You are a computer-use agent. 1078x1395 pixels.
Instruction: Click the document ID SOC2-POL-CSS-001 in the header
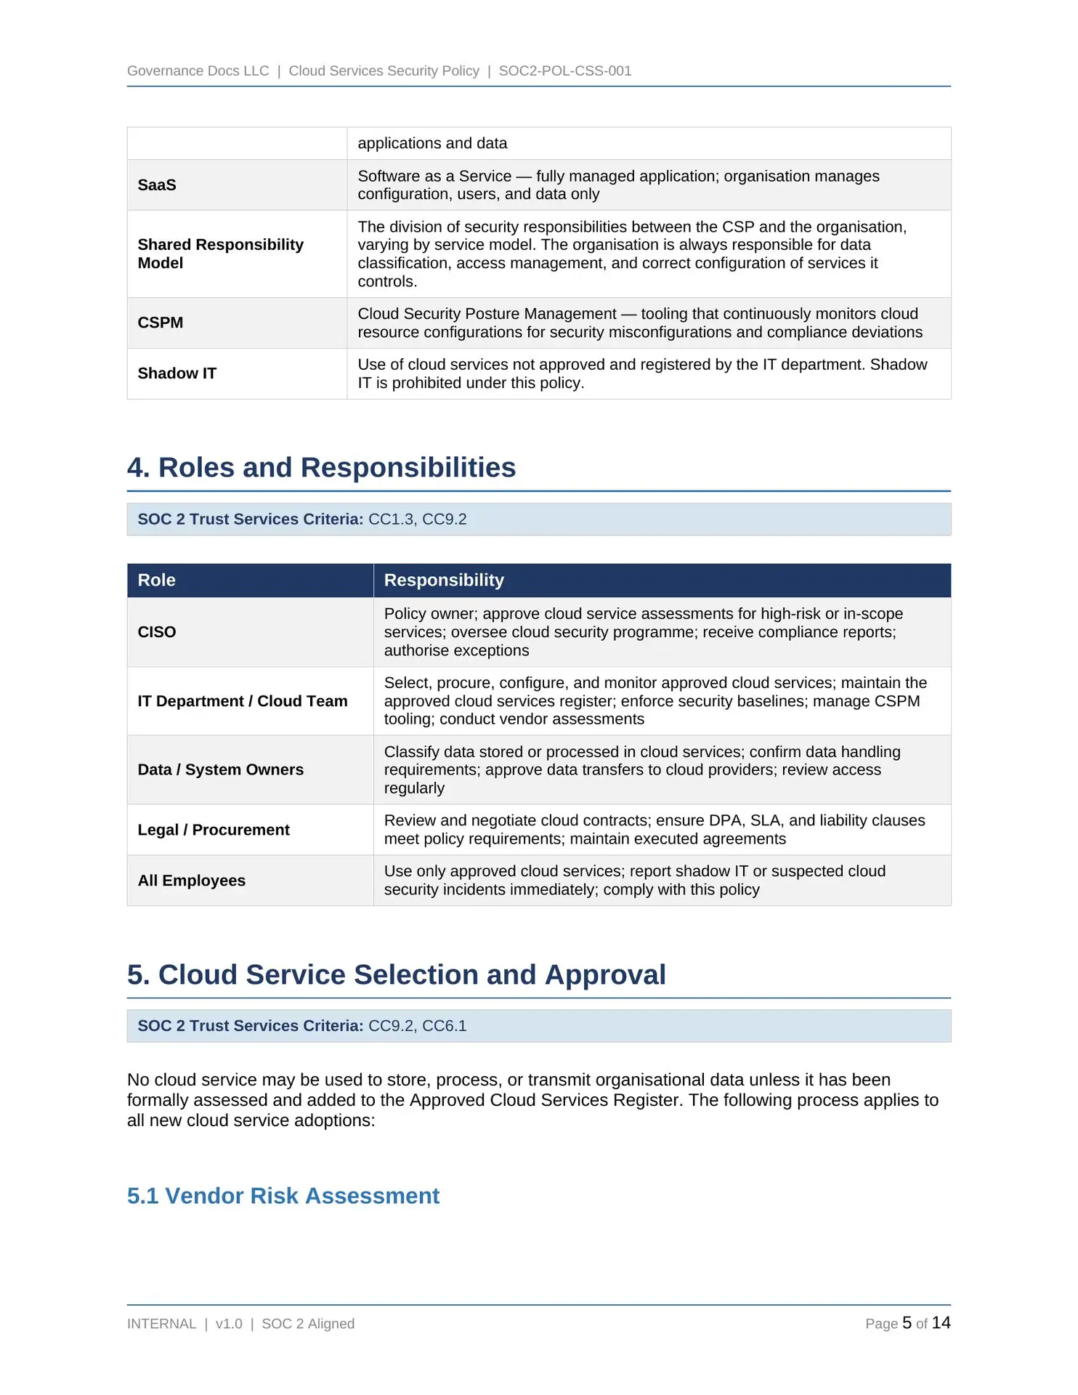point(564,70)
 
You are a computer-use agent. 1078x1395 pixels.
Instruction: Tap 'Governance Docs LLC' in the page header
point(198,70)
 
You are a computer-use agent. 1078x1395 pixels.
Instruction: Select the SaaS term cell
point(157,185)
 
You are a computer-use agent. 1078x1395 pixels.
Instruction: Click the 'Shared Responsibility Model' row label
point(220,254)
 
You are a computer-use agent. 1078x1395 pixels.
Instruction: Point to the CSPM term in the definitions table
point(160,323)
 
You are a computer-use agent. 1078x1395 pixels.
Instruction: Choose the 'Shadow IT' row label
point(177,373)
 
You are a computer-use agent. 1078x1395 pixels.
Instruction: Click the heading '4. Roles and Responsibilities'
point(321,467)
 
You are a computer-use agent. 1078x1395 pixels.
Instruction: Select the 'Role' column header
point(156,580)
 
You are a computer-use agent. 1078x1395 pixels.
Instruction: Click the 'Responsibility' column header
point(443,580)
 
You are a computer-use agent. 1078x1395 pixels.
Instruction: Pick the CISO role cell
point(157,632)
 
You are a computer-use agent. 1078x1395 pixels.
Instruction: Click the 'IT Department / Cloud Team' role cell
point(243,701)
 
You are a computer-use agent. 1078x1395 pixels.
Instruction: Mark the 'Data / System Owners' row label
point(220,769)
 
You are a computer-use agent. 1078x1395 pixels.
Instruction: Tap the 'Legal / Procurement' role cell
point(214,830)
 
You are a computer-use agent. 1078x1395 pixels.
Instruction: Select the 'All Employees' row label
point(191,881)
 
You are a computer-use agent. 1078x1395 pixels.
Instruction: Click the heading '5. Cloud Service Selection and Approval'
point(396,974)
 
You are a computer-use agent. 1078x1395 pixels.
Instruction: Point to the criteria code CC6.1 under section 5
point(444,1026)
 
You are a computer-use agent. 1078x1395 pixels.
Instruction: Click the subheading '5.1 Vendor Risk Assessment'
point(283,1195)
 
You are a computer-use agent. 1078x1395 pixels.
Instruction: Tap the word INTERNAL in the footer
point(161,1324)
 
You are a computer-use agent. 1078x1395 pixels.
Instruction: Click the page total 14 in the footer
point(941,1323)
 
